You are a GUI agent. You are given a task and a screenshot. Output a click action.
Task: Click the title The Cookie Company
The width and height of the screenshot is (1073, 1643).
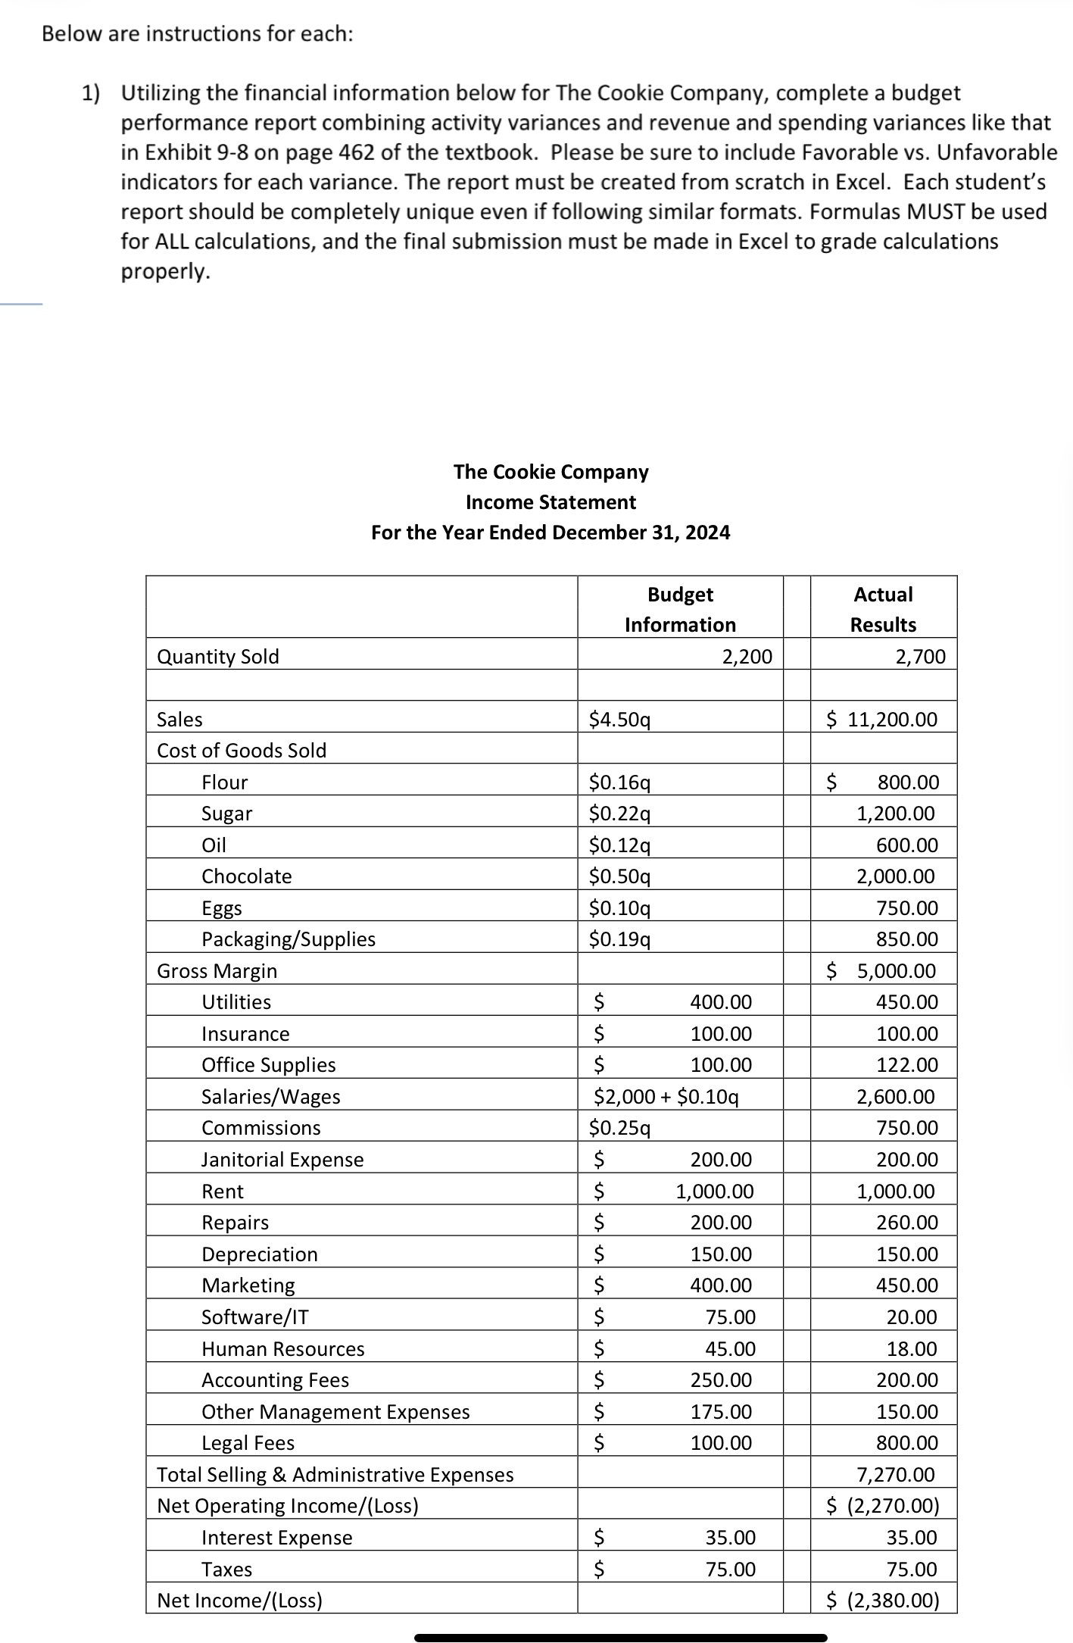point(551,472)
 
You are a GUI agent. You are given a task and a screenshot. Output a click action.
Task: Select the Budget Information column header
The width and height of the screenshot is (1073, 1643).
point(680,609)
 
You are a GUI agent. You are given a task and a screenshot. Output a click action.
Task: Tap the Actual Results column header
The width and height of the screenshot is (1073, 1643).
point(883,609)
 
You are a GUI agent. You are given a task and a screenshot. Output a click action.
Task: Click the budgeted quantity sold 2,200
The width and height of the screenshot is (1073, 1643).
point(747,657)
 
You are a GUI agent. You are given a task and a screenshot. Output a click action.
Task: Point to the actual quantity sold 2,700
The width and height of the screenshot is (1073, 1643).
point(920,657)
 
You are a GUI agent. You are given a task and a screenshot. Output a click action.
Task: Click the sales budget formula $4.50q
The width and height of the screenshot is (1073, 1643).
point(620,720)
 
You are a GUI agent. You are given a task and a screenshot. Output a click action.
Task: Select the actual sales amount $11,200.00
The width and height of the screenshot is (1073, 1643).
point(882,720)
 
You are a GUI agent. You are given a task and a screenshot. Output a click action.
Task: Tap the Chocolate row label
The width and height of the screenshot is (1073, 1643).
point(246,876)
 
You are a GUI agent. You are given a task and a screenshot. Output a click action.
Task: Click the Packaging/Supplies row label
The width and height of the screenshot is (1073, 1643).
point(288,939)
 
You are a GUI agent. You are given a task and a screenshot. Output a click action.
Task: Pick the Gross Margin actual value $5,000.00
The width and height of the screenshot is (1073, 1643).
point(882,971)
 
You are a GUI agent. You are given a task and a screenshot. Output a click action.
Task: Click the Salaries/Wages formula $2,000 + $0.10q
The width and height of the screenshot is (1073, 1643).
point(666,1097)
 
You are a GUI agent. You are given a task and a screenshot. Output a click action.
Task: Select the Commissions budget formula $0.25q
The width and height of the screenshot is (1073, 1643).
point(620,1128)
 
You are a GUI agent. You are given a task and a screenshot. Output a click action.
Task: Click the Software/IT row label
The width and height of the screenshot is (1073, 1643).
point(254,1317)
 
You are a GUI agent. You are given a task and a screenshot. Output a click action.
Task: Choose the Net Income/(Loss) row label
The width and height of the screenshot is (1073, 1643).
point(239,1601)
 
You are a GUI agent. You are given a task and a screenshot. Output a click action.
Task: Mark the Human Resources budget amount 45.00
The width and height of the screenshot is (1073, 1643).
point(730,1349)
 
